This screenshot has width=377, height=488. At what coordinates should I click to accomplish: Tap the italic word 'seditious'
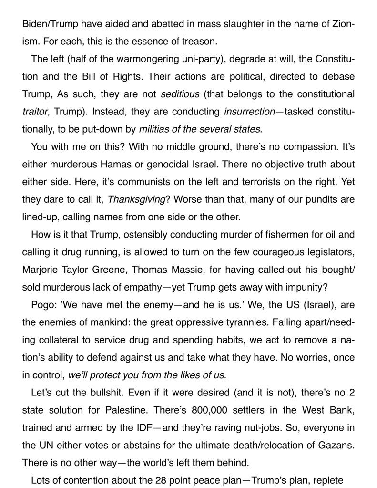tap(180, 94)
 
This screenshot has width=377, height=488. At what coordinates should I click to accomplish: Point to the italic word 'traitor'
tap(34, 112)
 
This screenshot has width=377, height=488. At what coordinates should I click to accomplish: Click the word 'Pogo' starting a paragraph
tap(41, 304)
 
